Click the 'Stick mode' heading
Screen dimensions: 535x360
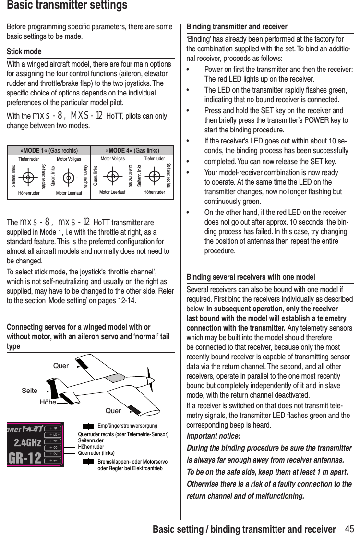click(x=24, y=51)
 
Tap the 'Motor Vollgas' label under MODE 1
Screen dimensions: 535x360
click(x=69, y=159)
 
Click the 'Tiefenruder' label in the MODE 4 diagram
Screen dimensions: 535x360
click(x=154, y=158)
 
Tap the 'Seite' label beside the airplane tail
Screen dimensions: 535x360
click(x=29, y=391)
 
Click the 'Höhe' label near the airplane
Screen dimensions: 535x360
click(x=48, y=403)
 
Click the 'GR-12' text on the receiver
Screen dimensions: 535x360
click(x=24, y=458)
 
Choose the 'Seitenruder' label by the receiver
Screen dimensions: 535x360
click(x=91, y=440)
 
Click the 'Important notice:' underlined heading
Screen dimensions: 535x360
click(x=213, y=436)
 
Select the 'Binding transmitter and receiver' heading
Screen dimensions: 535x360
click(x=237, y=26)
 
